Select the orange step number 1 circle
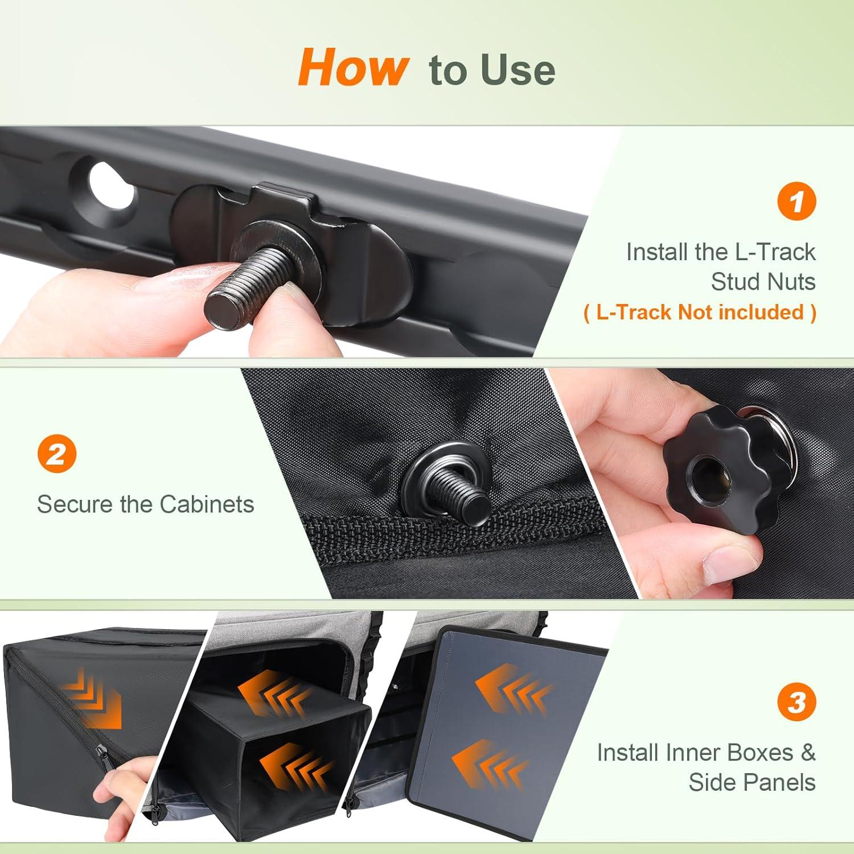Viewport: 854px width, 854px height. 796,201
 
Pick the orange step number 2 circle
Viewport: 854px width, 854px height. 57,454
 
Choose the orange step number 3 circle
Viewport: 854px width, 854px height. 796,702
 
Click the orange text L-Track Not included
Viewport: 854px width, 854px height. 700,312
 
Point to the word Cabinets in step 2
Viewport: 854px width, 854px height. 207,504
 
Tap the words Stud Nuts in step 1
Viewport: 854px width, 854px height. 763,282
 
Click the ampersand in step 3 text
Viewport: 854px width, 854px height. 808,753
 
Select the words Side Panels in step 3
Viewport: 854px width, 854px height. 752,782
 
